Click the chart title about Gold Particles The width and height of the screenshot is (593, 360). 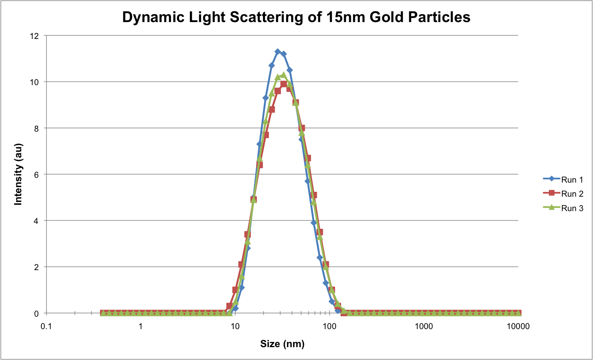296,17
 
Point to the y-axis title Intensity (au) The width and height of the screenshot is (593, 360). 18,174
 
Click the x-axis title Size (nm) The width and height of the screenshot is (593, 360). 282,344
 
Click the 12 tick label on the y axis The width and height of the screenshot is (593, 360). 35,36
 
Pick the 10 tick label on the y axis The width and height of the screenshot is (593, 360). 35,82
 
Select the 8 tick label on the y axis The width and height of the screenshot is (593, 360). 37,128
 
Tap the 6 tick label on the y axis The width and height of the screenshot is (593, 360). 37,175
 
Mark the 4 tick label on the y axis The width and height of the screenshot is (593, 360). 37,221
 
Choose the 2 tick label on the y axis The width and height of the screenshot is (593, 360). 37,267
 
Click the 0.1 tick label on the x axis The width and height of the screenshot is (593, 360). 47,326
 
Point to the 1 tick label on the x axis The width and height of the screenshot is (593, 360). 141,326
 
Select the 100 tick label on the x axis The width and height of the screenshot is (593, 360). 330,326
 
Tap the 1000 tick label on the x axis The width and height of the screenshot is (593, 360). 424,326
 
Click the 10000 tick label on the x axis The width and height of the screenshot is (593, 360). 518,326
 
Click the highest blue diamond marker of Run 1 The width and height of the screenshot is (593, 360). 277,52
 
